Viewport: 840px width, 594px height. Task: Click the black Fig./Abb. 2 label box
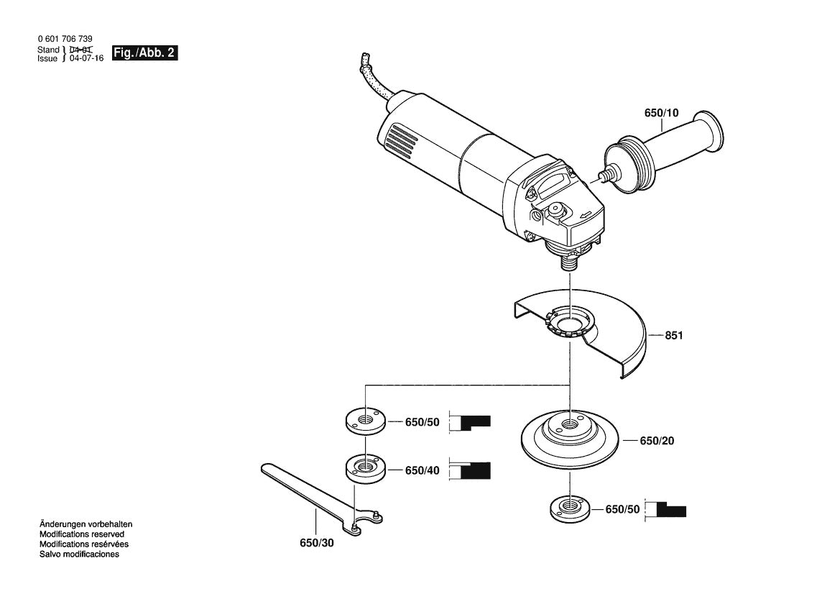click(x=144, y=54)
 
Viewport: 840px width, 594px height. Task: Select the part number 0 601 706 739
click(x=64, y=39)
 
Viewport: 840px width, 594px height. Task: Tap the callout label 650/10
click(x=660, y=114)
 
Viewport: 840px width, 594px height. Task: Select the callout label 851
click(x=674, y=335)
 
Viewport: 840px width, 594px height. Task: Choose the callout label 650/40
click(x=422, y=470)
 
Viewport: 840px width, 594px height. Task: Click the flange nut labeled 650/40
click(x=365, y=467)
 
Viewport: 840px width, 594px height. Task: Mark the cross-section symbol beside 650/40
click(x=471, y=470)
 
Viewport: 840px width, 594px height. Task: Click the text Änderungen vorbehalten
click(x=86, y=525)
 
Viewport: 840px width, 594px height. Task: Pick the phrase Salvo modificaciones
click(x=79, y=554)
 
